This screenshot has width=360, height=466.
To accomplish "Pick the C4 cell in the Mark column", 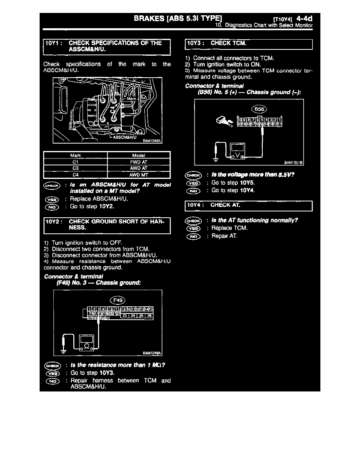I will pos(76,175).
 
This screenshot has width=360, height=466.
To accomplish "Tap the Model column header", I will pos(139,155).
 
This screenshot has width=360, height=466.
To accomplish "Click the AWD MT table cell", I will pos(139,175).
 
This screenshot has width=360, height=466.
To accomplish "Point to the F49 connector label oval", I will pos(118,300).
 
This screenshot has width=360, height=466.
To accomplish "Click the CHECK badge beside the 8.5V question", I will pos(194,175).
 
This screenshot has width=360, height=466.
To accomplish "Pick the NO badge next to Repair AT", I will pos(194,236).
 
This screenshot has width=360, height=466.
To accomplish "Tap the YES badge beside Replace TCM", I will pos(194,228).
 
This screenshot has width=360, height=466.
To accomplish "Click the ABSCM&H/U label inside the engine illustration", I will pos(124,137).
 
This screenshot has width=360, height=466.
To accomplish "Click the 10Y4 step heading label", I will pos(195,205).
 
